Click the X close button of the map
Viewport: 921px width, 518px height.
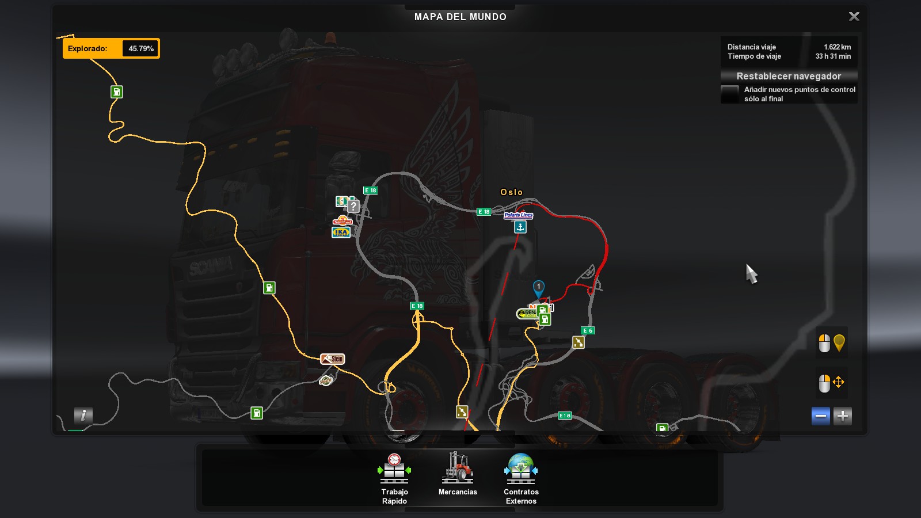click(854, 17)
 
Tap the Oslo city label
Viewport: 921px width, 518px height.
click(511, 192)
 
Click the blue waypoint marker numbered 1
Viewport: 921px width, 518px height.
click(539, 287)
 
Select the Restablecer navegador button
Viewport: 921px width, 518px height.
click(789, 76)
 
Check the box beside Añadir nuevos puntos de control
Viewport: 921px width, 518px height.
click(730, 94)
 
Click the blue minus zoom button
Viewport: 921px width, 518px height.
click(821, 416)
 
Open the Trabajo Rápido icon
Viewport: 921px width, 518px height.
click(394, 469)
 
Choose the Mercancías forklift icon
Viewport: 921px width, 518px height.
click(458, 468)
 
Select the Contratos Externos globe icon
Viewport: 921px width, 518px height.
click(521, 468)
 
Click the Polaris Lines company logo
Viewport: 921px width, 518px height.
click(519, 215)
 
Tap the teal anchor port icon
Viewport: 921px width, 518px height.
click(520, 227)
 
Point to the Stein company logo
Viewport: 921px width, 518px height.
click(333, 359)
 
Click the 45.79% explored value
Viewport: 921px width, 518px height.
click(141, 49)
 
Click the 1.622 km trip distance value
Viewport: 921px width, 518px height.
click(837, 47)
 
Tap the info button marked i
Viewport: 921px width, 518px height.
click(83, 415)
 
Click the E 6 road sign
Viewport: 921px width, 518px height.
click(588, 330)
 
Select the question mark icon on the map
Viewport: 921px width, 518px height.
click(353, 205)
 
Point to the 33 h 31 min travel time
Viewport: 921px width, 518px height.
click(833, 56)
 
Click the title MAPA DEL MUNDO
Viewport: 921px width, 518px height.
click(461, 17)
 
